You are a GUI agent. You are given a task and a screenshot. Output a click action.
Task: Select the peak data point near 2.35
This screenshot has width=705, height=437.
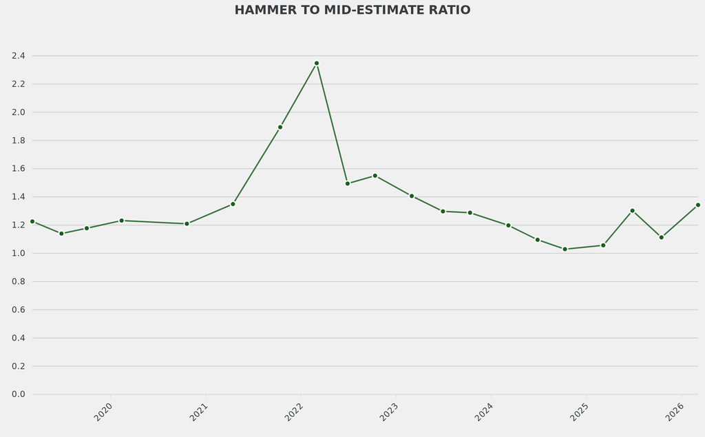point(317,63)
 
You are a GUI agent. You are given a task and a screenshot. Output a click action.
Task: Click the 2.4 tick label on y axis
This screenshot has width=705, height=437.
point(18,56)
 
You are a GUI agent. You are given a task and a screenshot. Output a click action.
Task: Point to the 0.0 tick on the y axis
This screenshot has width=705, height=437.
point(18,394)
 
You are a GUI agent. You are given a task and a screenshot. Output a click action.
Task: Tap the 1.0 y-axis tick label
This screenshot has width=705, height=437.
point(18,254)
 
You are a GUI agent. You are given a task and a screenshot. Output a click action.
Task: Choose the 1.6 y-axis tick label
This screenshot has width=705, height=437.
point(18,169)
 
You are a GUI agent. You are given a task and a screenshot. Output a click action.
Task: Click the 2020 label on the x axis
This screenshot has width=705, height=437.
point(103,412)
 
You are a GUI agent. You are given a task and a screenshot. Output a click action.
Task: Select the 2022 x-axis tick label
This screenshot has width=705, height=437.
point(294,412)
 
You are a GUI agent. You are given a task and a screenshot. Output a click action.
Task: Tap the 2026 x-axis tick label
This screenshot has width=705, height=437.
point(674,412)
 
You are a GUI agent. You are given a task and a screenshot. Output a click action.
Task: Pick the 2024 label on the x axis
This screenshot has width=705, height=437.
point(484,412)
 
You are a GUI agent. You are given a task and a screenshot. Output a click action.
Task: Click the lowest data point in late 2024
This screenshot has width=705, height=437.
point(565,249)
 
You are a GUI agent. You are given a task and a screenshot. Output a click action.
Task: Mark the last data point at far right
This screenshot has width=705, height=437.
point(697,205)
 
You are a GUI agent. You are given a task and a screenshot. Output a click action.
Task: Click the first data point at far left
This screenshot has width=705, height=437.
point(32,221)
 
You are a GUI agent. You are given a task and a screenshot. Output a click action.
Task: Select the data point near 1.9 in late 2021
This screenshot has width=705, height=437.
point(280,127)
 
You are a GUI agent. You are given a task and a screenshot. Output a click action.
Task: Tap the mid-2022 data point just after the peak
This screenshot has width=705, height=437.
point(348,183)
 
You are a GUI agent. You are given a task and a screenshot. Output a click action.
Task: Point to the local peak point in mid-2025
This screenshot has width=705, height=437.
point(632,210)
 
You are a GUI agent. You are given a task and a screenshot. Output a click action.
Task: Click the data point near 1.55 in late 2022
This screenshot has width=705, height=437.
point(375,176)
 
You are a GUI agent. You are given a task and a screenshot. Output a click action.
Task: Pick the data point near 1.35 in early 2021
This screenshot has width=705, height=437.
point(233,204)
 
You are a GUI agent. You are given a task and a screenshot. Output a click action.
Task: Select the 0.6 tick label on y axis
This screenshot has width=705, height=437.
point(18,310)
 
